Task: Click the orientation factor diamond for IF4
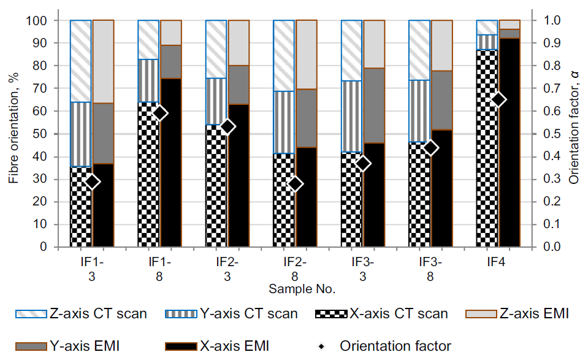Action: (498, 99)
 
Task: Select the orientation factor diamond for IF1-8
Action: (160, 113)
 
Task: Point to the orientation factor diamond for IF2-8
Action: (296, 184)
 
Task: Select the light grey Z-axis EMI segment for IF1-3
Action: (104, 61)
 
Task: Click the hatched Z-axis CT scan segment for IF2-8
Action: (284, 56)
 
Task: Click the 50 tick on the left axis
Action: (45, 134)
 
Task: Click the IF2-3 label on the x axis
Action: (227, 269)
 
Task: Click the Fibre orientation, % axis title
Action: (13, 134)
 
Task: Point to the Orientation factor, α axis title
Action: (574, 134)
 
